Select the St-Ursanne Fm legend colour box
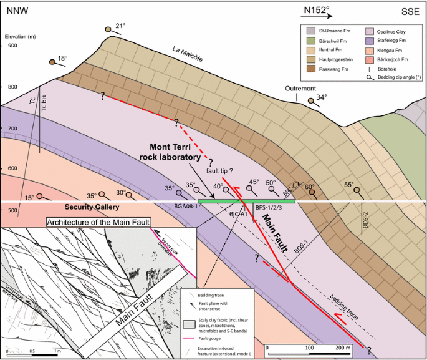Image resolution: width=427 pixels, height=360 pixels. [x=310, y=31]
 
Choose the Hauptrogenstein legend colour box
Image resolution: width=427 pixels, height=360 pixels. [x=310, y=59]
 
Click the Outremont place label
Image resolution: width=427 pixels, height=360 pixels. [x=300, y=89]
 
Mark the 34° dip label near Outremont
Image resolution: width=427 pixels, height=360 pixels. [x=322, y=97]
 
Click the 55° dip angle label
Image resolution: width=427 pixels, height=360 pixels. [x=348, y=185]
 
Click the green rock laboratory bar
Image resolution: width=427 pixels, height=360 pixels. [x=247, y=202]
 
